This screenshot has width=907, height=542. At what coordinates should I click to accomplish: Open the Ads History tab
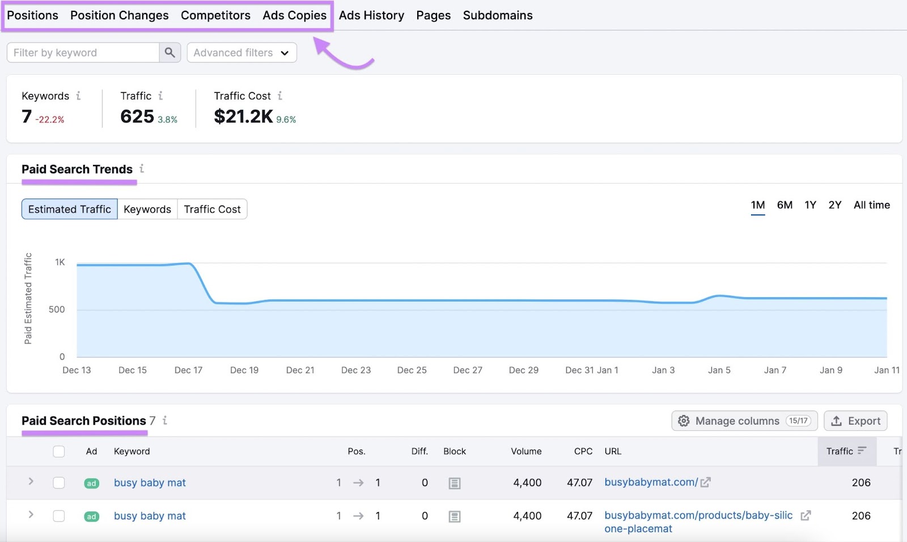click(x=371, y=15)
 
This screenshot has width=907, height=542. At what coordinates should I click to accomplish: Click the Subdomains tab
click(x=497, y=15)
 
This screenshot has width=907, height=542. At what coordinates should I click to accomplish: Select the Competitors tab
click(x=215, y=15)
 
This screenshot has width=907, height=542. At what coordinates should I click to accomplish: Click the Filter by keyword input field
click(x=83, y=53)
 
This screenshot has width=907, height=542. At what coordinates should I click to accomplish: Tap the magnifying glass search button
click(x=169, y=53)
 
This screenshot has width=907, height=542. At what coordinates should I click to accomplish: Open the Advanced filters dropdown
click(x=241, y=53)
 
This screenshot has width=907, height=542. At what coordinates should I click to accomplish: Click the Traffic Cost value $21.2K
click(x=243, y=116)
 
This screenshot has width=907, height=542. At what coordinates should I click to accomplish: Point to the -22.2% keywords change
click(x=50, y=120)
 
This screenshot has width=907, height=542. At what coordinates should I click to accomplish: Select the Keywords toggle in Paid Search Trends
click(x=147, y=209)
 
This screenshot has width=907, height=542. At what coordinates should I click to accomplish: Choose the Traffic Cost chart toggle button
click(x=212, y=209)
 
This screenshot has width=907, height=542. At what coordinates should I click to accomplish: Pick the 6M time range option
click(x=785, y=205)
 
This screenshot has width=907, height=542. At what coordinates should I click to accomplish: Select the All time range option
click(x=871, y=205)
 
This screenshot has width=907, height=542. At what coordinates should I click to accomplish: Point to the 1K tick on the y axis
click(x=60, y=262)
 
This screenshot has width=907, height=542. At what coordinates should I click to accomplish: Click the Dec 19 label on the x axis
click(x=244, y=370)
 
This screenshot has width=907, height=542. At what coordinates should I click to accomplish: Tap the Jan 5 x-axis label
click(x=719, y=370)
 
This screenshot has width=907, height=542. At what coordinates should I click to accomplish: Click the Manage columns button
click(x=744, y=421)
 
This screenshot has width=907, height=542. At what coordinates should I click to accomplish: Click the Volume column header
click(x=526, y=451)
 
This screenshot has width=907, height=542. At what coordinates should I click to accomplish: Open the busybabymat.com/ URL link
click(x=651, y=482)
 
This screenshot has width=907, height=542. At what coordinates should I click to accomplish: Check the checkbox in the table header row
click(x=59, y=451)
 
